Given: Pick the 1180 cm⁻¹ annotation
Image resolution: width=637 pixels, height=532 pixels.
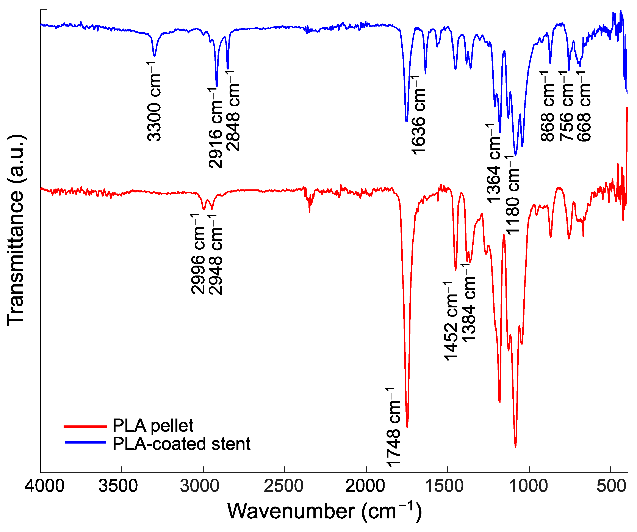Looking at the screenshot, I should click(513, 195).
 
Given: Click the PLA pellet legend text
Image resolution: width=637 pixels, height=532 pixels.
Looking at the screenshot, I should click(153, 426).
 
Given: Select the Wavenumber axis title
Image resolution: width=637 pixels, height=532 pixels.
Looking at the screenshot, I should click(324, 511).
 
